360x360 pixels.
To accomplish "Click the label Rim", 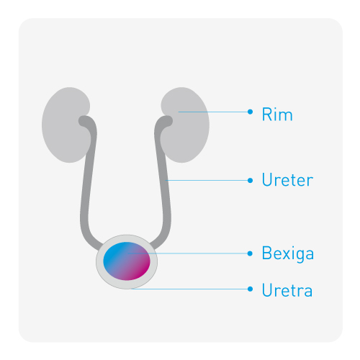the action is point(277,114).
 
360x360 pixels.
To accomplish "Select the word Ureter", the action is point(287,179).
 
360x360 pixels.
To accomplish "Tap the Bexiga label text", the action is point(288,253).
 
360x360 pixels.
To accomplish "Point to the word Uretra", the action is point(287,290).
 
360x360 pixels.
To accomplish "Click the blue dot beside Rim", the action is point(250,112).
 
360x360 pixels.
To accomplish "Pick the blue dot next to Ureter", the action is point(250,181).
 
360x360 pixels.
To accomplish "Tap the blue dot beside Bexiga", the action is point(250,253).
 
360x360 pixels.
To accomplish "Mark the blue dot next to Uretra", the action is point(250,289).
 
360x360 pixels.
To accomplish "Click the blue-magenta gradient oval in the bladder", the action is point(127,261).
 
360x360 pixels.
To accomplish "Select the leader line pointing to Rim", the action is point(213,112).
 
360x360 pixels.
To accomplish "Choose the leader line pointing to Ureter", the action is point(207,180).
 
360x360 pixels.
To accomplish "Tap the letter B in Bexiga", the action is point(267,253).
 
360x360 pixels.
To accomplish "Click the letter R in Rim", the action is point(267,114).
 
